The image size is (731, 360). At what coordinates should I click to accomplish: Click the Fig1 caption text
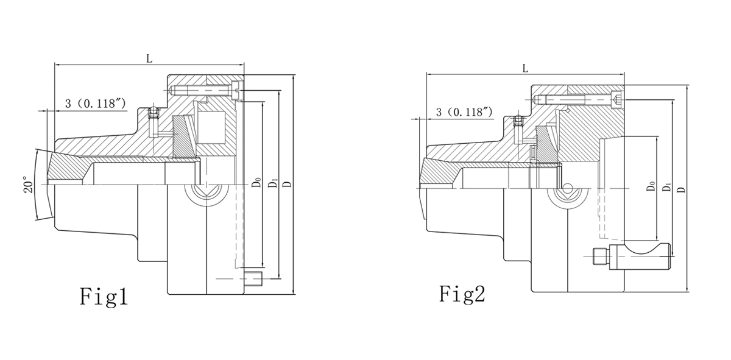tap(104, 297)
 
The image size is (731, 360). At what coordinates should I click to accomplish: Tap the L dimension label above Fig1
tap(149, 58)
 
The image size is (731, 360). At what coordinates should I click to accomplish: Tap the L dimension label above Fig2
tap(525, 69)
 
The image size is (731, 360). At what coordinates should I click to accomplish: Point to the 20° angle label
tap(26, 184)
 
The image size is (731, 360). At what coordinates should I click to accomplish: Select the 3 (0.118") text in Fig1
tap(95, 104)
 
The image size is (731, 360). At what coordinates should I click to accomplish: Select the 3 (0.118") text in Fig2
tap(464, 112)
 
